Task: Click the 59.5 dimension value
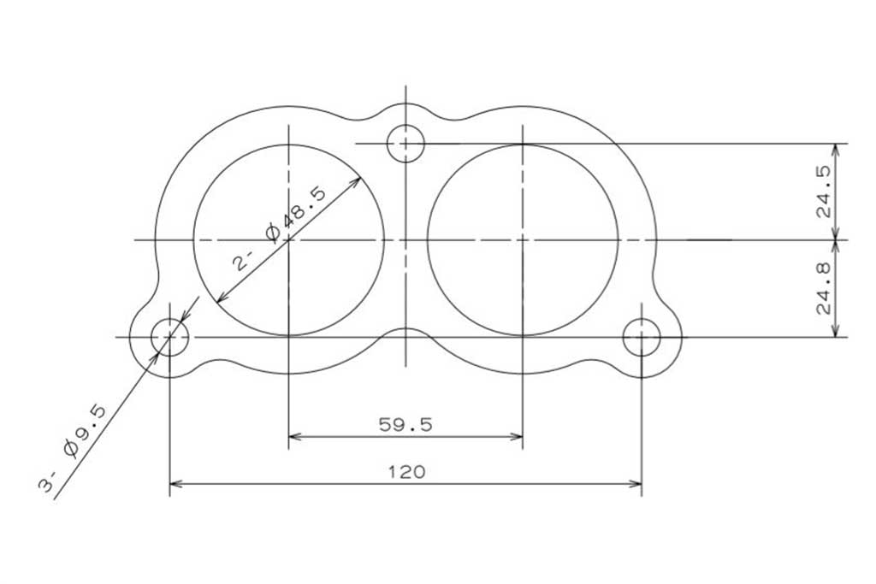(405, 424)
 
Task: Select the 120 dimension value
(406, 471)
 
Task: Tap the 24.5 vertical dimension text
(825, 192)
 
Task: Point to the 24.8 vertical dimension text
(825, 289)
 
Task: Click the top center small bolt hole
(405, 143)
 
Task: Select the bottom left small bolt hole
(169, 337)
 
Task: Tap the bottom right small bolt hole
(642, 337)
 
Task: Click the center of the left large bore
(289, 239)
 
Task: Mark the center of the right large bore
(522, 239)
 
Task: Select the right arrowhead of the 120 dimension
(639, 484)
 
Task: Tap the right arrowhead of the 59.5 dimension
(519, 437)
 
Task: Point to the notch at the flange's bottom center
(405, 329)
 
